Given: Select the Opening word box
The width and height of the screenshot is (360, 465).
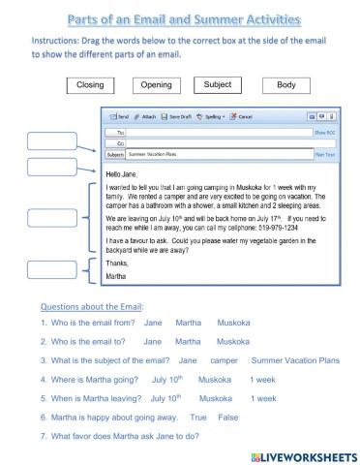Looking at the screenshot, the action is [x=157, y=85].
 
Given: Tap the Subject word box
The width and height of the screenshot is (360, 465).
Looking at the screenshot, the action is [x=218, y=84].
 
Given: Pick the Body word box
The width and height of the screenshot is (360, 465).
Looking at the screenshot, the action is [x=285, y=85].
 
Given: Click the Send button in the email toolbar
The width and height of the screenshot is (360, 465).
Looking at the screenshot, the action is [x=119, y=115].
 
